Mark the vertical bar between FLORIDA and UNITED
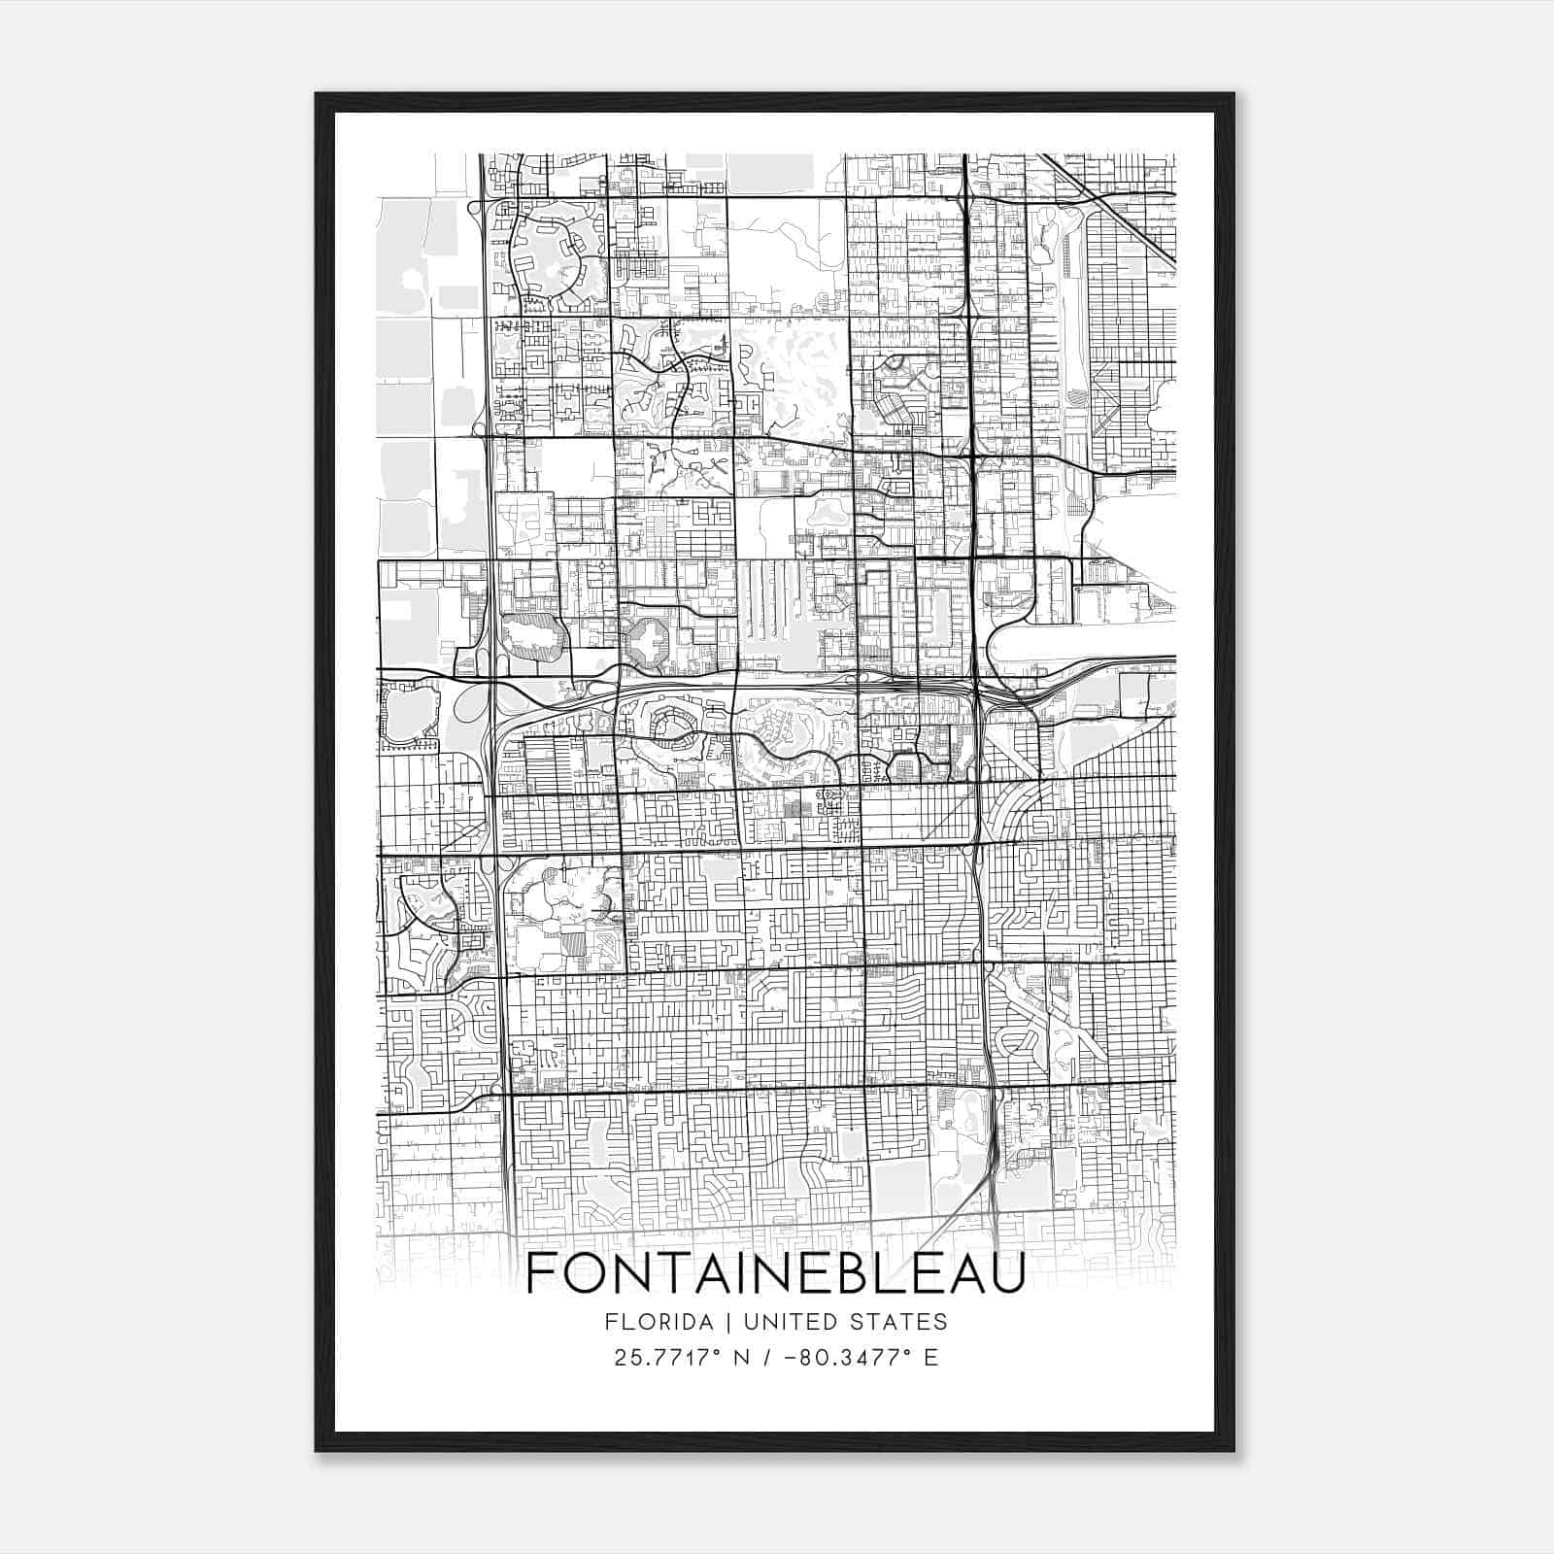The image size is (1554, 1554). pyautogui.click(x=716, y=1322)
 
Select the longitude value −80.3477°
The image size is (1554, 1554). pyautogui.click(x=845, y=1358)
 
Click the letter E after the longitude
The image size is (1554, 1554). pyautogui.click(x=930, y=1358)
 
